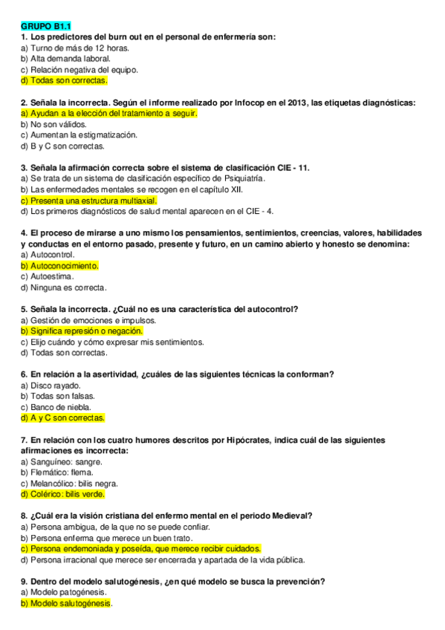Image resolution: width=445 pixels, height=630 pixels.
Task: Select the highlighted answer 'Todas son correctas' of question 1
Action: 64,80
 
